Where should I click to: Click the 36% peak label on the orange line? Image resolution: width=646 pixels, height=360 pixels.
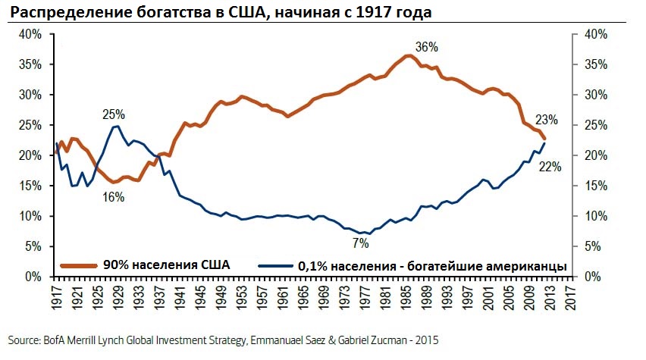click(x=427, y=47)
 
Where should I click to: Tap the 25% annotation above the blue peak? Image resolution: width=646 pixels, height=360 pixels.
click(x=114, y=114)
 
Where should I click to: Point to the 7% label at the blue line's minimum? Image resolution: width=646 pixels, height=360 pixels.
click(x=359, y=243)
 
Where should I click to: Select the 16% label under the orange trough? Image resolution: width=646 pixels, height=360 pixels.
click(x=114, y=197)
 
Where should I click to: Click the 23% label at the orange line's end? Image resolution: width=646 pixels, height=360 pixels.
click(x=546, y=119)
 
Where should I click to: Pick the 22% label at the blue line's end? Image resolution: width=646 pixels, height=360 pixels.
click(x=550, y=167)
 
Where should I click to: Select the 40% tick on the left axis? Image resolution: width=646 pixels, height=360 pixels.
click(x=30, y=35)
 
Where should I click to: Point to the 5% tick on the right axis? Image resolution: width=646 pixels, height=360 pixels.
click(x=592, y=246)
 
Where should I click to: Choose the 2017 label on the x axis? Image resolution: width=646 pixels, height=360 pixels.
click(x=568, y=296)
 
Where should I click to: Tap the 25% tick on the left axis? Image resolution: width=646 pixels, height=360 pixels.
click(x=30, y=125)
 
